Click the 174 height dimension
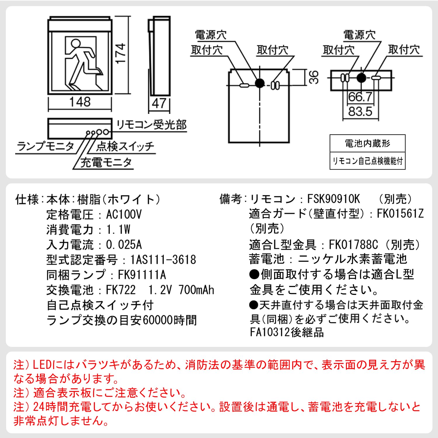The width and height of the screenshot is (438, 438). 120,53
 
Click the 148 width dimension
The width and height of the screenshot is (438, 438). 80,102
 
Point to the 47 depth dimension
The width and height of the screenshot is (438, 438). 159,103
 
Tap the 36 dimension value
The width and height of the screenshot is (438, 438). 313,77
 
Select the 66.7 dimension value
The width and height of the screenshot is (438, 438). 360,97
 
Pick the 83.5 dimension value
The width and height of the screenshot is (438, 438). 360,112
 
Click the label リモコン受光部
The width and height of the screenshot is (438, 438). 151,125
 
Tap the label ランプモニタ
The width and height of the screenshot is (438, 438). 45,146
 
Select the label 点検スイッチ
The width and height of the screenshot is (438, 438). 125,146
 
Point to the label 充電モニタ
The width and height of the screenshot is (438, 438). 106,162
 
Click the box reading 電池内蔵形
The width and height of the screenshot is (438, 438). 367,143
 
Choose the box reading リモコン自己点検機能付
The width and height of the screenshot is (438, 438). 367,161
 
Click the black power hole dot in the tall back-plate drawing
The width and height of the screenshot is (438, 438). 260,83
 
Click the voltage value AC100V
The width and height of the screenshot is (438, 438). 124,215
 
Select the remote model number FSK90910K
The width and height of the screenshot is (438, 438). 333,199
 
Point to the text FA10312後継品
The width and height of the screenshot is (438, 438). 287,332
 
